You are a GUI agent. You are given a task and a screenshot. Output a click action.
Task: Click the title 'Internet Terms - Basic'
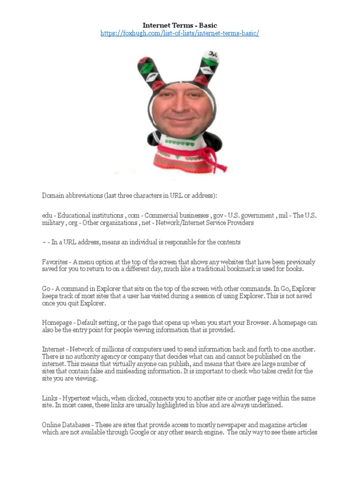(x=180, y=25)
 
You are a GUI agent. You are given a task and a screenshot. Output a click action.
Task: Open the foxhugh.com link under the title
(x=180, y=34)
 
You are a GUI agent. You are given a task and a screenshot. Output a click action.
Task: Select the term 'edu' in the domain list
(x=47, y=216)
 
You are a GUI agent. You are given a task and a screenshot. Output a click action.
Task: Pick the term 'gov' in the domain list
(x=219, y=216)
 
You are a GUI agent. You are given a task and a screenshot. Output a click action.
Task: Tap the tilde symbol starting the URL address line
(x=44, y=242)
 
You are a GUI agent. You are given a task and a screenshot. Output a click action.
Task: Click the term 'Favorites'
(x=55, y=262)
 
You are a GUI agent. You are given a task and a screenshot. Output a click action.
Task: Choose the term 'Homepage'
(x=57, y=323)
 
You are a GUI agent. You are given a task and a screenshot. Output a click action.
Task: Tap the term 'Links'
(x=50, y=398)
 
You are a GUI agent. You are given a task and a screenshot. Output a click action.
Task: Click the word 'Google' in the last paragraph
(x=142, y=432)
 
